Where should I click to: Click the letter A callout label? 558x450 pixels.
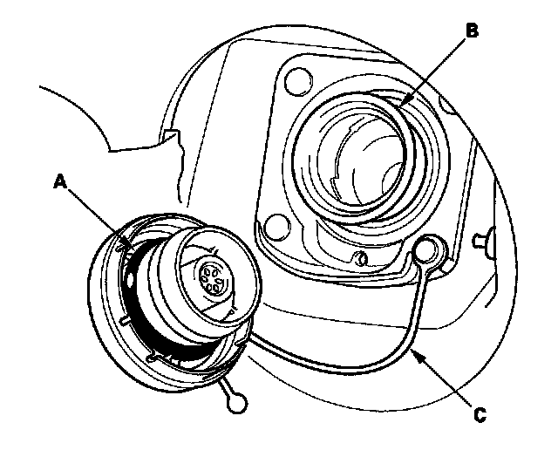coord(60,182)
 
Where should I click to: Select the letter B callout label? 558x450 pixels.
coord(472,31)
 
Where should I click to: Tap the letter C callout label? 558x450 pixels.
coord(480,415)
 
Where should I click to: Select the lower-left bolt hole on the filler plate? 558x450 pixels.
coord(278,227)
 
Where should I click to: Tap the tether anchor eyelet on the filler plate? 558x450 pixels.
coord(427,250)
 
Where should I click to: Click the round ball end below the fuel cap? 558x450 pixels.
coord(236,403)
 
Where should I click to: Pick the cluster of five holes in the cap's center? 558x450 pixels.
coord(210,276)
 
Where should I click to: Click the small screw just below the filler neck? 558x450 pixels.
coord(361,258)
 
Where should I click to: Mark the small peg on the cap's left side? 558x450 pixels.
coord(125,321)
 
